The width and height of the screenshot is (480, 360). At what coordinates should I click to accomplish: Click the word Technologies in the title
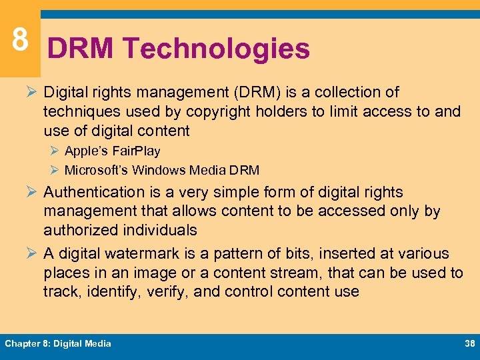pyautogui.click(x=216, y=49)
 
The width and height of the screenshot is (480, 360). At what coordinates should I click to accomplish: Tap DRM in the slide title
pyautogui.click(x=81, y=49)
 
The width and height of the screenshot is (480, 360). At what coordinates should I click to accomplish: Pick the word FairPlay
pyautogui.click(x=136, y=151)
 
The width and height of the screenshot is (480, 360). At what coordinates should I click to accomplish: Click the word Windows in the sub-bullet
pyautogui.click(x=156, y=170)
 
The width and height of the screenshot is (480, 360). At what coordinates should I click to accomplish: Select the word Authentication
pyautogui.click(x=94, y=192)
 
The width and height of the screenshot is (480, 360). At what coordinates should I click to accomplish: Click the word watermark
pyautogui.click(x=129, y=254)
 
